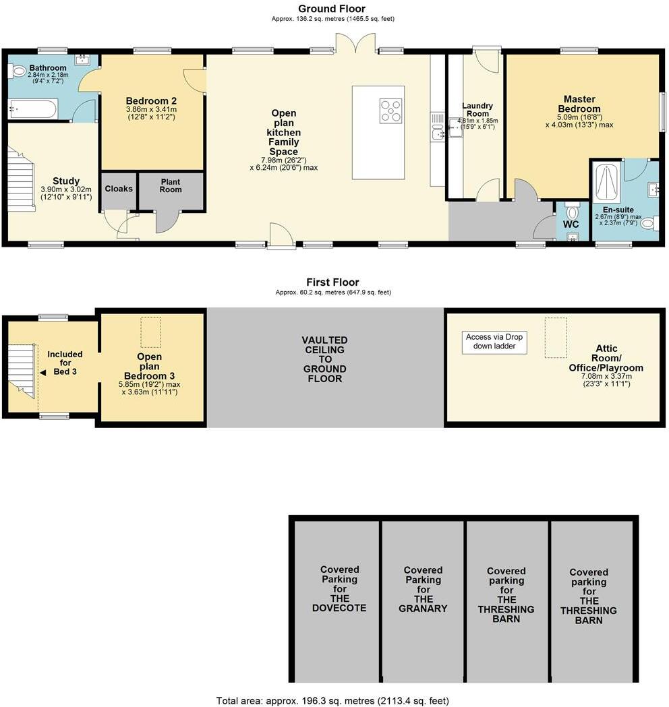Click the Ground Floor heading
click(332, 9)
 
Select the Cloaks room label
click(119, 189)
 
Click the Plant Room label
click(171, 185)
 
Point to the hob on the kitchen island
click(391, 111)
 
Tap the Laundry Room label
click(477, 110)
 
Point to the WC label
click(571, 224)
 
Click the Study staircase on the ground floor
click(21, 181)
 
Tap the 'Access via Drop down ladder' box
click(494, 342)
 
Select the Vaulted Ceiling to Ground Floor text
click(324, 359)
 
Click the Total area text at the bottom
click(332, 700)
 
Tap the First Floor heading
click(332, 282)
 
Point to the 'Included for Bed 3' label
click(65, 363)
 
